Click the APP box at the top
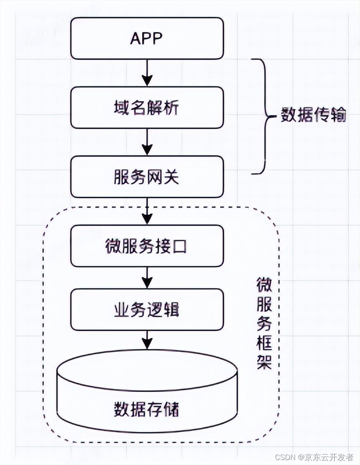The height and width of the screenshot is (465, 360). pyautogui.click(x=147, y=38)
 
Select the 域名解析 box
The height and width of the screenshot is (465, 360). pyautogui.click(x=147, y=108)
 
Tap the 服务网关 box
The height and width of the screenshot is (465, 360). pyautogui.click(x=147, y=177)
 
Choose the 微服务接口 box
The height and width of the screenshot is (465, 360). pyautogui.click(x=147, y=246)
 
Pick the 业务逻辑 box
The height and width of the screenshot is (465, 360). pyautogui.click(x=147, y=310)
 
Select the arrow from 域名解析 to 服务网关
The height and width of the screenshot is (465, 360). pyautogui.click(x=147, y=143)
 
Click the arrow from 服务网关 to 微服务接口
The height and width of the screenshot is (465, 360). pyautogui.click(x=147, y=211)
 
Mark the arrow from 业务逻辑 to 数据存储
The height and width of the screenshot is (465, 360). pyautogui.click(x=147, y=340)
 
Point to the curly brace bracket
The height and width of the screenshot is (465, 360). pyautogui.click(x=263, y=116)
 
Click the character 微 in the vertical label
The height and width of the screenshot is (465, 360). pyautogui.click(x=264, y=285)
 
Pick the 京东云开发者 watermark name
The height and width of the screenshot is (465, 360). pyautogui.click(x=329, y=457)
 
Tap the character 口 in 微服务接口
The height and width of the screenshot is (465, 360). pyautogui.click(x=180, y=246)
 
